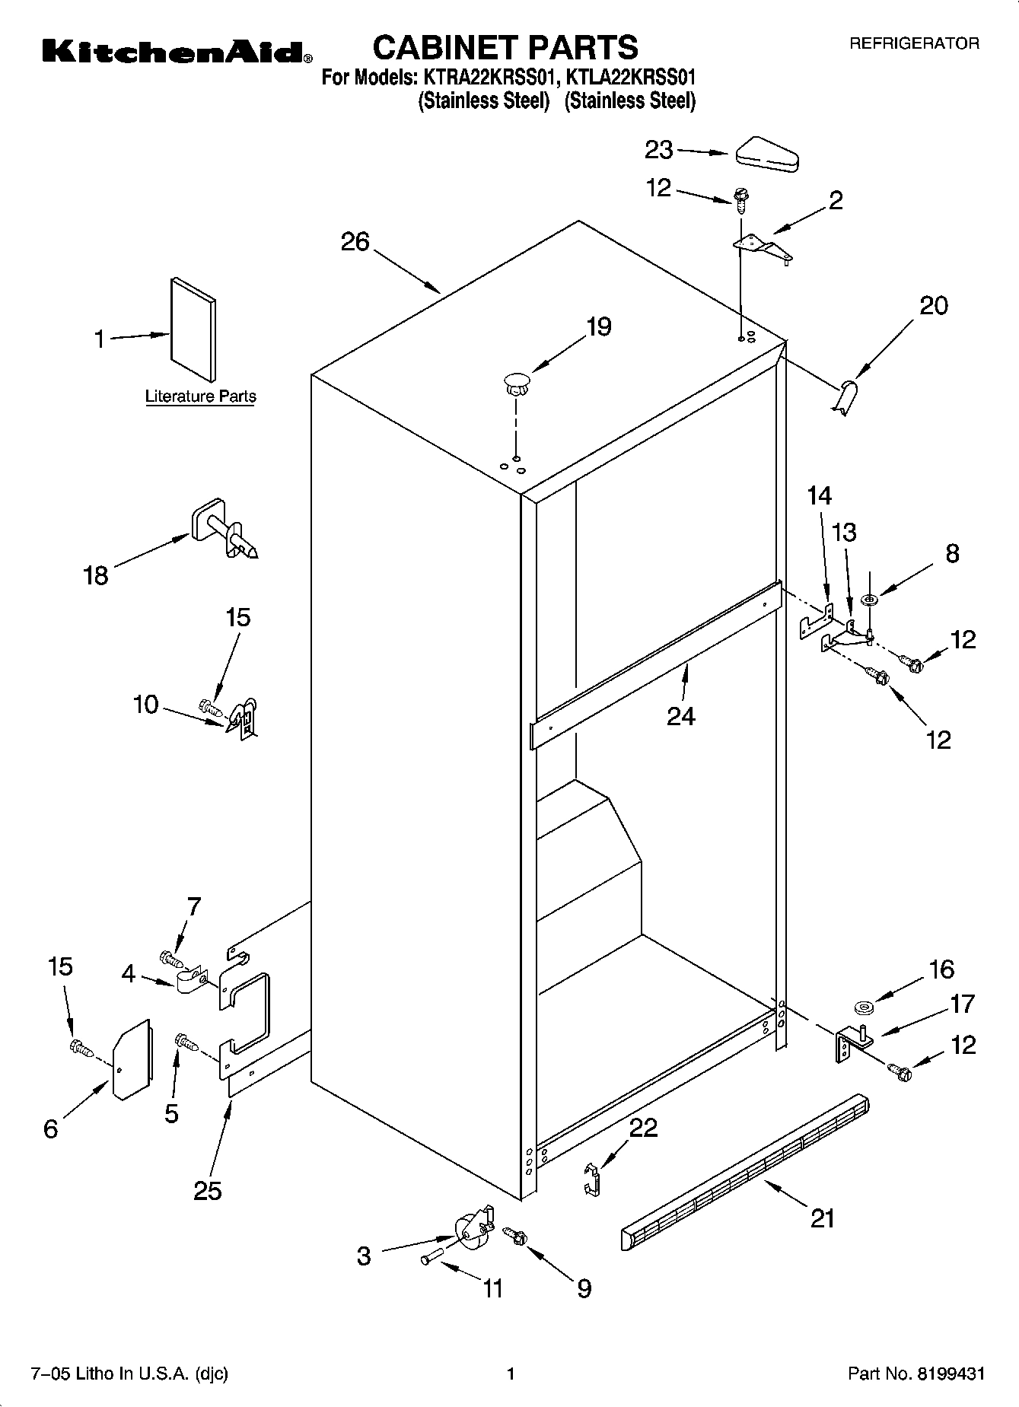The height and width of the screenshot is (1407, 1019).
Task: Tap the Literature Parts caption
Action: pos(200,396)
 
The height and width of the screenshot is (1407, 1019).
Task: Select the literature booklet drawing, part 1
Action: pos(193,329)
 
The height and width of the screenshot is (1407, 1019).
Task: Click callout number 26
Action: pos(355,242)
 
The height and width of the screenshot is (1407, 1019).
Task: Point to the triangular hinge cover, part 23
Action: pos(766,151)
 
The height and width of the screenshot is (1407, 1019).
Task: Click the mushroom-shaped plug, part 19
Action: pos(516,381)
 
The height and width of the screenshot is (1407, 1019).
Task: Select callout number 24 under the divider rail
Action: pos(680,716)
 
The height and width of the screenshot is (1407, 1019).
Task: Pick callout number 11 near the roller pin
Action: pos(492,1288)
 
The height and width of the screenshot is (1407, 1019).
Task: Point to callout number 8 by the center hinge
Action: pos(952,553)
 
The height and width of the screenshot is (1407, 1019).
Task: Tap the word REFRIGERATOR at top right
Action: pos(914,44)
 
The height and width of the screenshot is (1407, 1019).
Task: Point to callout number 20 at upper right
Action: pos(934,306)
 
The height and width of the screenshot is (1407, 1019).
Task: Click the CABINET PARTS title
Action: pos(505,47)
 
